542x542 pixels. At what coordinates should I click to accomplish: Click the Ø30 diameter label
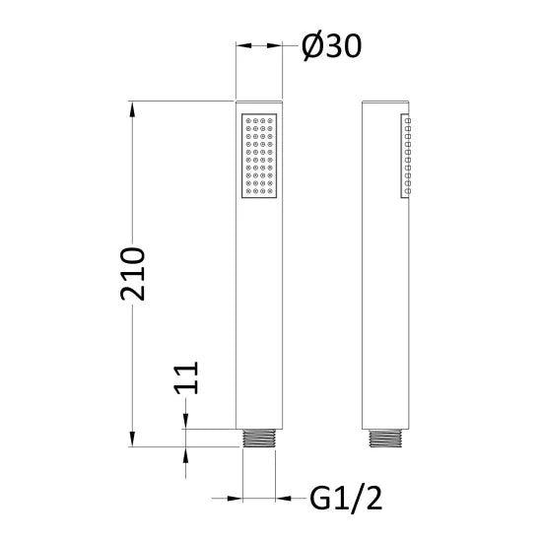pyautogui.click(x=332, y=46)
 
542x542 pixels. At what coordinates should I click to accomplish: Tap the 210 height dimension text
pyautogui.click(x=133, y=274)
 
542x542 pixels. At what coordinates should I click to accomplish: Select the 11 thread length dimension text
pyautogui.click(x=186, y=377)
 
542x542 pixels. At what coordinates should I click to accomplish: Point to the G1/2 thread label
pyautogui.click(x=346, y=498)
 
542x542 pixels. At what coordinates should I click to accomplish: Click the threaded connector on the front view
pyautogui.click(x=259, y=438)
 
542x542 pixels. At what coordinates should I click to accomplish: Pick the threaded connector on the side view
pyautogui.click(x=385, y=438)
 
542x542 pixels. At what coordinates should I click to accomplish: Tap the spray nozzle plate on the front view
pyautogui.click(x=259, y=156)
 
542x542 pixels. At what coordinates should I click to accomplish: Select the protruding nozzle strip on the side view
pyautogui.click(x=406, y=156)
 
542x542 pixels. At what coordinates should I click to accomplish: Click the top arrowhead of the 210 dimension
pyautogui.click(x=132, y=109)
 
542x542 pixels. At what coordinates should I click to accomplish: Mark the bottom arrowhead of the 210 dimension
pyautogui.click(x=132, y=439)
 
